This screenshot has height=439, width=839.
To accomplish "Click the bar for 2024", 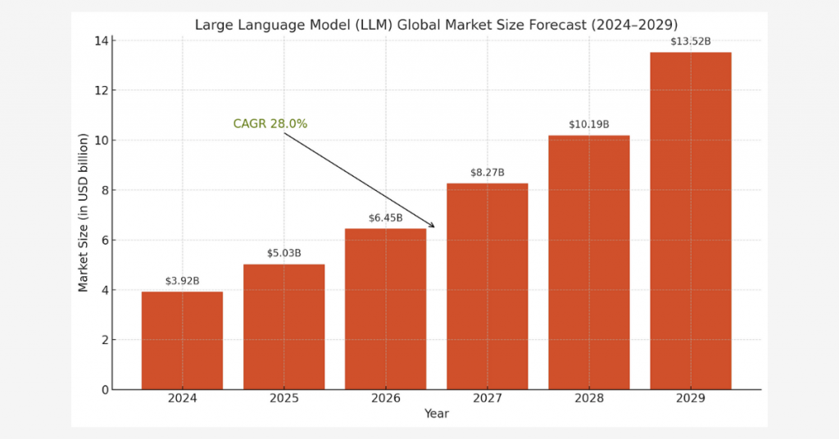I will [x=182, y=340].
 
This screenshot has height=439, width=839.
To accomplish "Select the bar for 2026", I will [x=385, y=309].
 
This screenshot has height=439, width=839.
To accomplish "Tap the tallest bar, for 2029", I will [x=690, y=221].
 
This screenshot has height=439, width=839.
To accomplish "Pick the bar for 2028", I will [x=588, y=262].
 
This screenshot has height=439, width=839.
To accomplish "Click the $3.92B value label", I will [x=182, y=281].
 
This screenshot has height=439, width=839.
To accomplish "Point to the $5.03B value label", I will [x=283, y=253].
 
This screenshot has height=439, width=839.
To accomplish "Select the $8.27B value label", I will [x=487, y=173].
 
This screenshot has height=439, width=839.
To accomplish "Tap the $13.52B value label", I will [x=690, y=41].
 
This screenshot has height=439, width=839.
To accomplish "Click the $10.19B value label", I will [x=588, y=124].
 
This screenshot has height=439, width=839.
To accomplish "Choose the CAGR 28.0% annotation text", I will [x=270, y=124].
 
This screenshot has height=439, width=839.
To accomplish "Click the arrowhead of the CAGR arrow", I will [x=433, y=226].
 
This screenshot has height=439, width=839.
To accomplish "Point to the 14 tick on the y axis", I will [x=101, y=40].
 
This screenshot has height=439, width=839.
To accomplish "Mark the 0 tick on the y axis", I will [x=103, y=390].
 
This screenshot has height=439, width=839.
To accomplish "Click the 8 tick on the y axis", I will [x=103, y=190].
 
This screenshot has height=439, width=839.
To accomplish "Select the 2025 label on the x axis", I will [x=283, y=399].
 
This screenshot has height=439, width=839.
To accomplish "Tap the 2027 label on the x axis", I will [x=487, y=399].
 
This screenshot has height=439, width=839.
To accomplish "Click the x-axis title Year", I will [x=436, y=414].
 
